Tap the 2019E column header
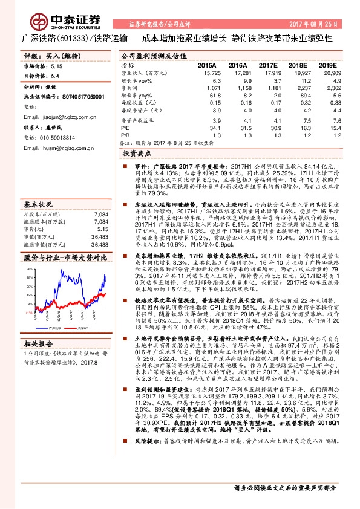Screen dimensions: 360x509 (x=327, y=65)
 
